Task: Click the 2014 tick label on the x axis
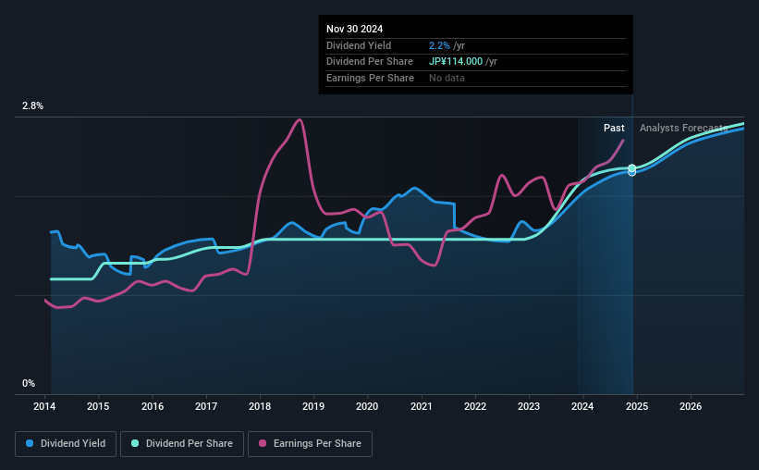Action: click(x=45, y=406)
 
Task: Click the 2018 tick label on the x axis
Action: click(x=260, y=406)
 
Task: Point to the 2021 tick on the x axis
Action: click(x=422, y=406)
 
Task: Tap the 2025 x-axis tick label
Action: click(x=637, y=406)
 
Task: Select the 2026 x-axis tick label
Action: click(x=691, y=406)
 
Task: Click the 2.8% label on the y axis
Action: click(x=32, y=106)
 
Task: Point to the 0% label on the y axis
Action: click(x=29, y=383)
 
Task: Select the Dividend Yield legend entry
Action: click(x=66, y=444)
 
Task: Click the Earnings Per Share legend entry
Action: click(x=311, y=444)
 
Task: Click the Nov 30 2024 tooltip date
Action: click(x=354, y=29)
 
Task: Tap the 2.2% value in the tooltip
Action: click(x=439, y=45)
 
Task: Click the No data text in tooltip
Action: click(x=447, y=78)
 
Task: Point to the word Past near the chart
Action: click(x=614, y=128)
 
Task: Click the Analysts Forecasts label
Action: click(x=683, y=128)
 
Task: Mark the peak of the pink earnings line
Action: click(x=299, y=119)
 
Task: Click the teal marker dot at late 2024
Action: click(x=632, y=168)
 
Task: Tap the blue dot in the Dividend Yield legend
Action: click(x=30, y=444)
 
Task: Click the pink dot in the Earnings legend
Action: click(x=262, y=444)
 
